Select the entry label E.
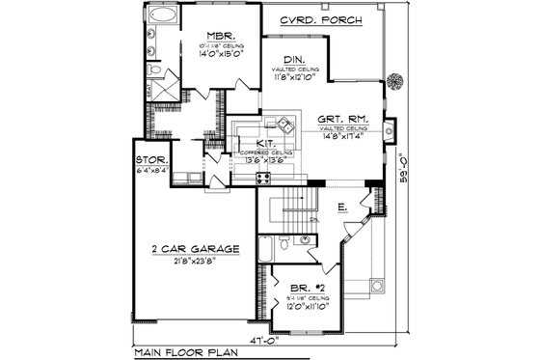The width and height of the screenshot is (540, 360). (x=342, y=207)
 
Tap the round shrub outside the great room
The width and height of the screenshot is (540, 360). (x=393, y=80)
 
